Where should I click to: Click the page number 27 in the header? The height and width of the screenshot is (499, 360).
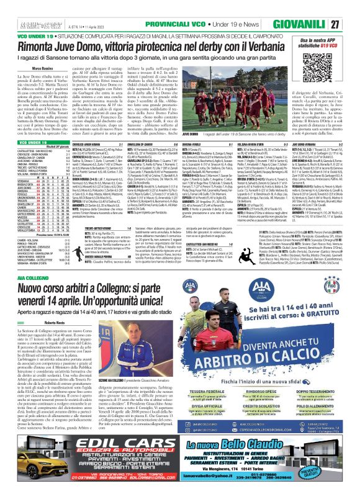pos(351,24)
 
